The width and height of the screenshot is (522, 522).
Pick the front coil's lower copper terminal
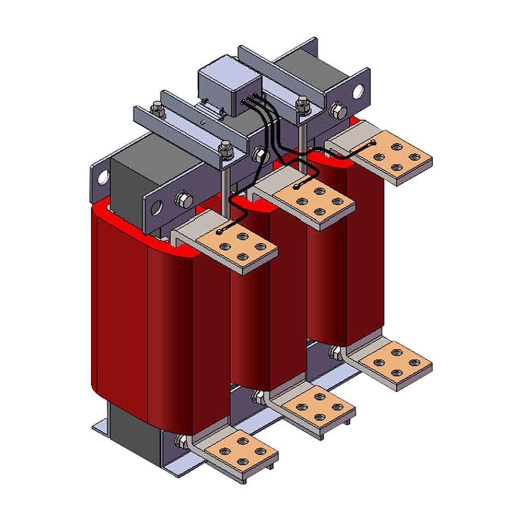pyautogui.click(x=241, y=450)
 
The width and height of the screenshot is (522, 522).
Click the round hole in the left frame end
pyautogui.click(x=103, y=177)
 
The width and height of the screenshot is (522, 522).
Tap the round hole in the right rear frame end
pyautogui.click(x=358, y=91)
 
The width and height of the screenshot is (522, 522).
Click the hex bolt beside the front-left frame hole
pyautogui.click(x=183, y=199)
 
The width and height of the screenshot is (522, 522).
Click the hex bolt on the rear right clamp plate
pyautogui.click(x=338, y=111)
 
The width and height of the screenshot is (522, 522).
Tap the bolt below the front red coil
pyautogui.click(x=181, y=441)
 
